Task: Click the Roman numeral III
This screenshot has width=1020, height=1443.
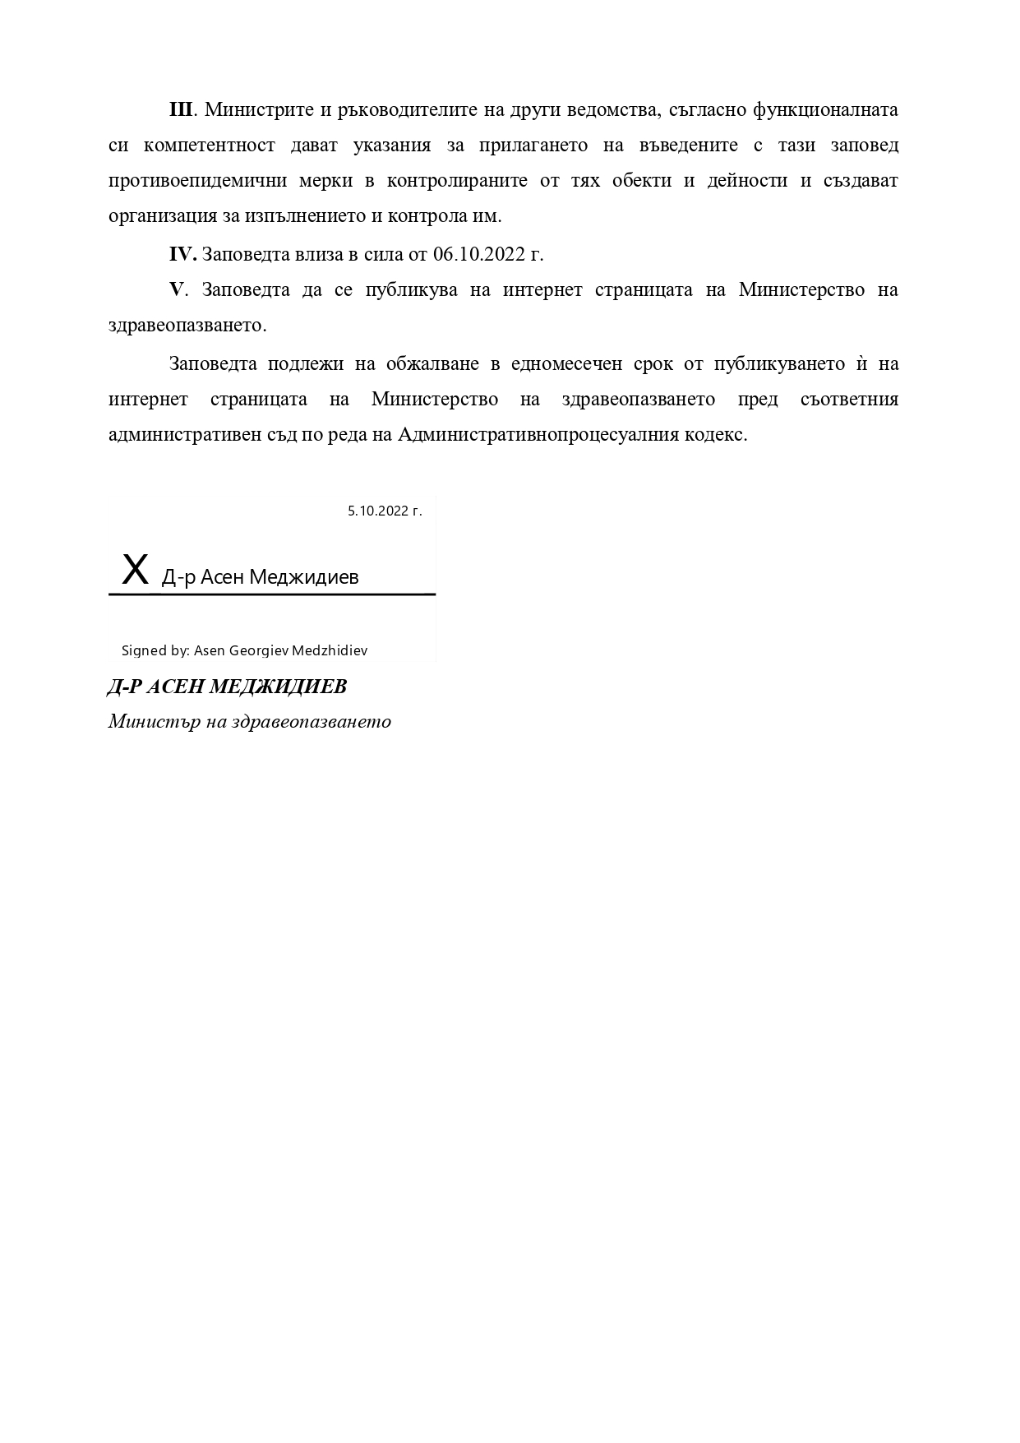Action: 180,110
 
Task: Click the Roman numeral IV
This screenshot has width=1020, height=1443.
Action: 182,254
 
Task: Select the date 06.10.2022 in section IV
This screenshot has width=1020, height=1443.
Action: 479,254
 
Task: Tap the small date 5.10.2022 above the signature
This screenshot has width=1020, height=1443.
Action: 385,511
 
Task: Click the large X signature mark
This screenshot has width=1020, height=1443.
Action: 136,569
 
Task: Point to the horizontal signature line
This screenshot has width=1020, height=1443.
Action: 271,593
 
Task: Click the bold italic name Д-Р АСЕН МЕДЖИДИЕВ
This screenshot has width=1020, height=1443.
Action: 227,687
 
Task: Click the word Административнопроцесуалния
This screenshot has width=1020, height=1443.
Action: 538,434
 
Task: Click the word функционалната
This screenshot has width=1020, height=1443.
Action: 825,110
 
